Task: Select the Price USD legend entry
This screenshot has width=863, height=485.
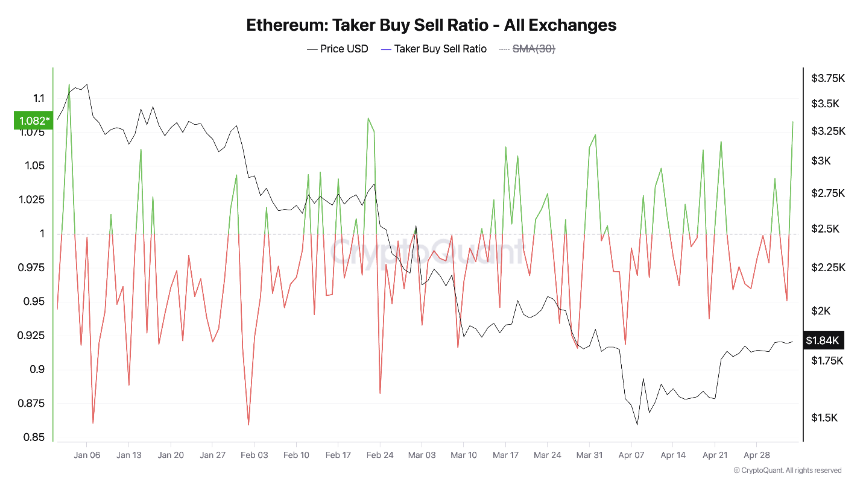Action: click(344, 49)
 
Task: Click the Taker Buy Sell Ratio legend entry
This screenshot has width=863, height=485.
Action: click(440, 49)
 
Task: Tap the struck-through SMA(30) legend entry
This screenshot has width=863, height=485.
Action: click(533, 49)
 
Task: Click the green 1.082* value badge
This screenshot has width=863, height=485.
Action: click(33, 120)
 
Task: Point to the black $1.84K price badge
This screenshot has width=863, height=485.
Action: click(823, 340)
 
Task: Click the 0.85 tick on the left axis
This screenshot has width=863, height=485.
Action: click(34, 437)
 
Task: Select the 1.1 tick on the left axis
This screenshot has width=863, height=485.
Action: click(39, 98)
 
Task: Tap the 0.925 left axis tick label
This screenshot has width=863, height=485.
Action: click(31, 336)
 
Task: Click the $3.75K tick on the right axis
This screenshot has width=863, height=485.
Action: click(827, 78)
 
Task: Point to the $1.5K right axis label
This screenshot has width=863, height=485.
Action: click(824, 418)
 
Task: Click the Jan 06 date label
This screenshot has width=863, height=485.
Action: click(87, 455)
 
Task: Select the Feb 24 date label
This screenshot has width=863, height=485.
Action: click(380, 455)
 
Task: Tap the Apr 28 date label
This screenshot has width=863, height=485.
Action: click(756, 455)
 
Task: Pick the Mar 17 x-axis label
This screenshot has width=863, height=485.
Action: click(505, 455)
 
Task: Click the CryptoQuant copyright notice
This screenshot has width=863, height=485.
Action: click(787, 471)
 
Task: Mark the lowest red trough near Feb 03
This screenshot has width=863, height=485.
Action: click(248, 425)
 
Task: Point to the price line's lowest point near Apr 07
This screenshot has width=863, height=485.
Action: click(637, 425)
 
